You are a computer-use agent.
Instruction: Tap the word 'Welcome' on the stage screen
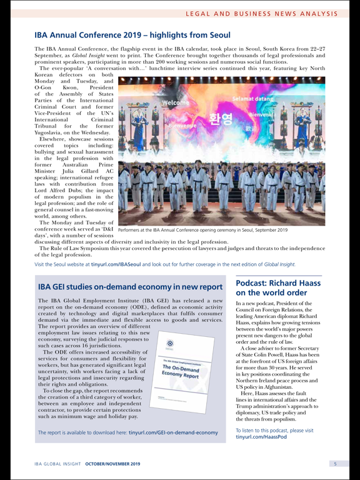(x=176, y=102)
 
